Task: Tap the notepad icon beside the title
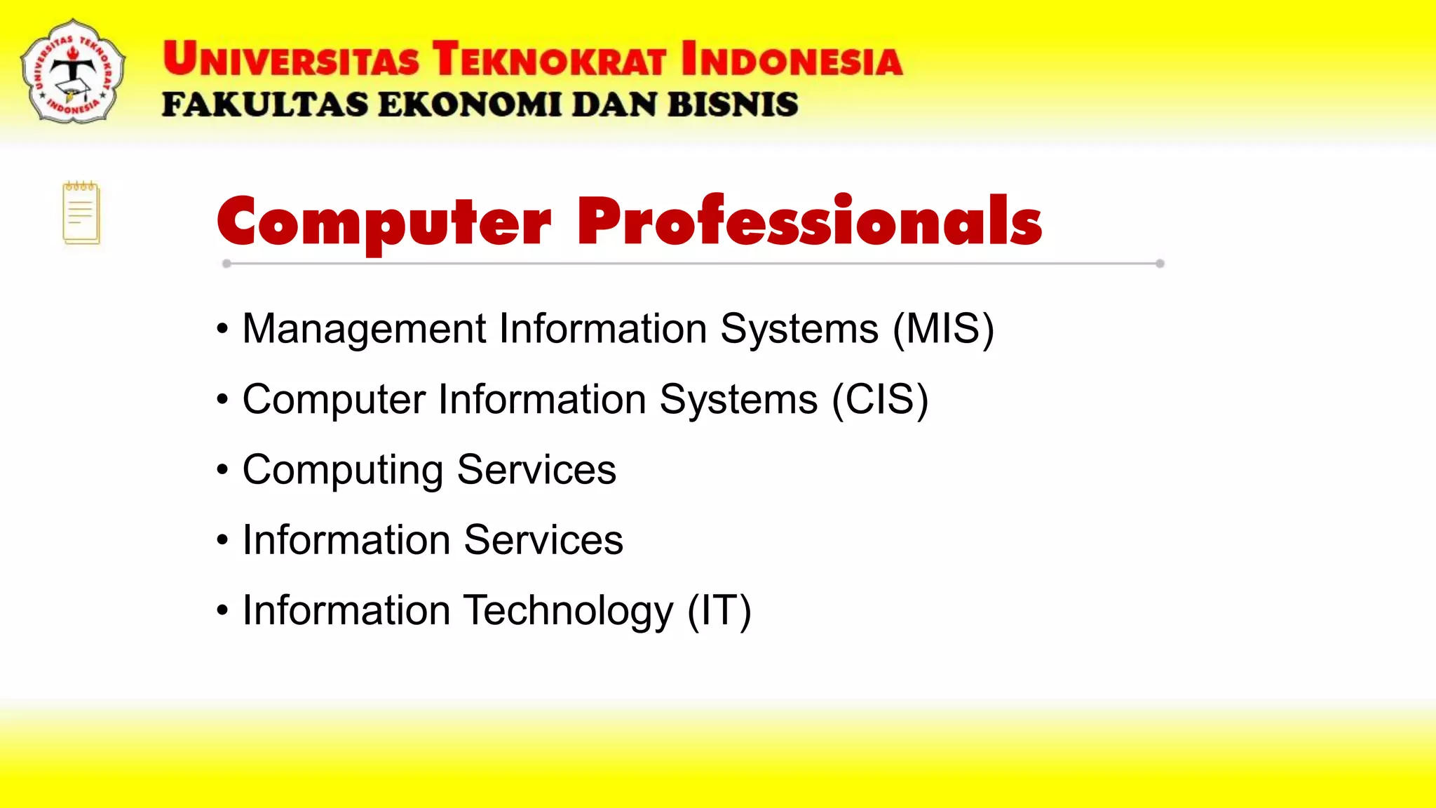click(x=81, y=213)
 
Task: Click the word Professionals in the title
click(x=809, y=222)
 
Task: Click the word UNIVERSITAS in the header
click(x=291, y=59)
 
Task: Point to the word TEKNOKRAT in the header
click(x=549, y=59)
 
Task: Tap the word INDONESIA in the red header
click(x=792, y=59)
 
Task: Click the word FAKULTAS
click(x=265, y=105)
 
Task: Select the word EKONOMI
click(x=469, y=105)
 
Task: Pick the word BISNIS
click(x=733, y=105)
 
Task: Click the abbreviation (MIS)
click(x=943, y=329)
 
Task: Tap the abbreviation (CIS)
click(x=880, y=400)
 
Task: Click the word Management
click(x=364, y=329)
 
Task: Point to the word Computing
click(x=343, y=470)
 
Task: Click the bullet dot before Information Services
click(x=222, y=540)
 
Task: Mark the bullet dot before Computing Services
click(x=222, y=469)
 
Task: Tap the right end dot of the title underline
click(x=1160, y=264)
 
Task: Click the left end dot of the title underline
click(x=226, y=264)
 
